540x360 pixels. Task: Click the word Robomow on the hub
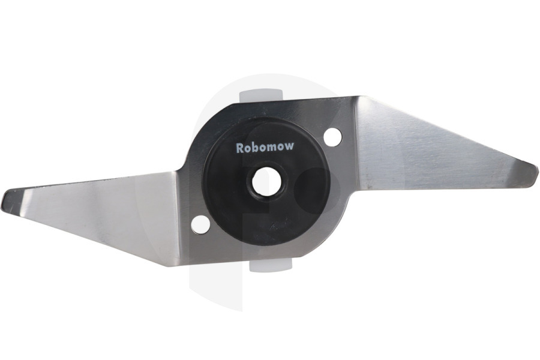(x=265, y=147)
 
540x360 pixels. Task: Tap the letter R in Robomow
(x=239, y=148)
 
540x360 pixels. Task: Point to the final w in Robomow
(x=290, y=146)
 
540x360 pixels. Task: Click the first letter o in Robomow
(x=248, y=148)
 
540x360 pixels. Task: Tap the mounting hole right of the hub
(x=333, y=137)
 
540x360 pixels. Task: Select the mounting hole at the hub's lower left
(x=200, y=224)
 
